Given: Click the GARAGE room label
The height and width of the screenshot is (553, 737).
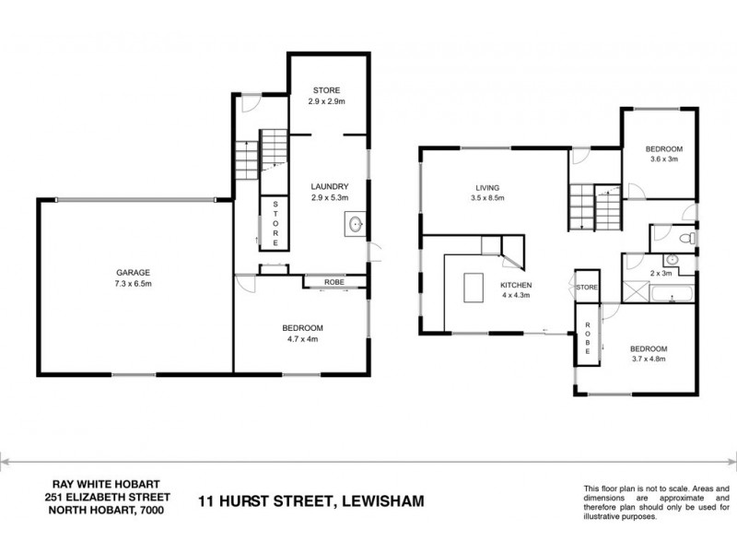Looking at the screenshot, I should coord(133,271).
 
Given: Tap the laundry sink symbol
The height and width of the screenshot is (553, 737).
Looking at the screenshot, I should coord(356,223).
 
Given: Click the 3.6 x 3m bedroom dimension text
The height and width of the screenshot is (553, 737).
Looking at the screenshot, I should coord(662,159).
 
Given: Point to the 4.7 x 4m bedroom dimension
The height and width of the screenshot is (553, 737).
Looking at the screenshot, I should coord(302,339).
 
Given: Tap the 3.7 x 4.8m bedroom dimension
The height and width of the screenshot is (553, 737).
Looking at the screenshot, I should coord(648,359).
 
